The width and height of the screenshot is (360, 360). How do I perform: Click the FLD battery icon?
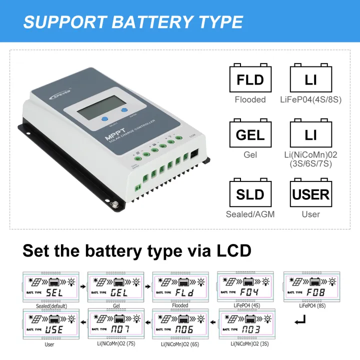click(250, 79)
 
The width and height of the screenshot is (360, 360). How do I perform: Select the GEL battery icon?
click(250, 135)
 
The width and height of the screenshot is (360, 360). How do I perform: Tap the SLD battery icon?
click(250, 193)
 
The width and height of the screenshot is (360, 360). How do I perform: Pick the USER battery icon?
click(310, 193)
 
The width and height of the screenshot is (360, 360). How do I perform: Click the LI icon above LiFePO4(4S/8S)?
click(310, 79)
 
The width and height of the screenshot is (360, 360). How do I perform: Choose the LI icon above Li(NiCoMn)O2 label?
click(310, 135)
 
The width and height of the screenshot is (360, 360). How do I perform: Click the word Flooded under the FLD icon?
click(250, 99)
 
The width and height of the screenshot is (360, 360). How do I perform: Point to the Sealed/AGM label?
click(250, 214)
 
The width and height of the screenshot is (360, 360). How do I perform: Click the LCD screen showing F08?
click(311, 287)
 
